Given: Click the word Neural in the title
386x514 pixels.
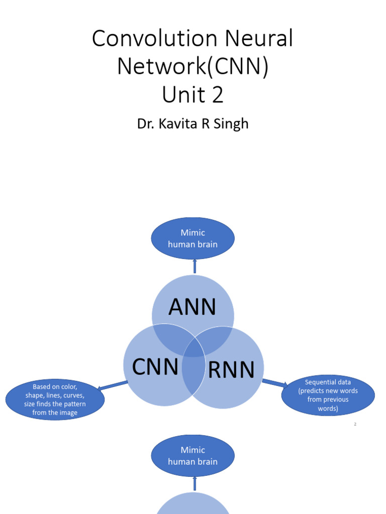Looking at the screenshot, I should coord(262,39).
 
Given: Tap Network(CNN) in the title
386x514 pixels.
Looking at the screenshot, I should coord(192,66).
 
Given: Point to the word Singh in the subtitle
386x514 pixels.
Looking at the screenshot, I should coord(232,123).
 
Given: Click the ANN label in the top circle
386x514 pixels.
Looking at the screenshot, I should coord(192,307).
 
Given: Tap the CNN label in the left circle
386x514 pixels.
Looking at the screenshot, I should coord(155,367).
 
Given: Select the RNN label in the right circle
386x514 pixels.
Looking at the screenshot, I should coord(231,370).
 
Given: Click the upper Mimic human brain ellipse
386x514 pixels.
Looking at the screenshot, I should coord(193,238).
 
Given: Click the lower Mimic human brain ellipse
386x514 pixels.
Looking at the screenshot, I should coord(193,456).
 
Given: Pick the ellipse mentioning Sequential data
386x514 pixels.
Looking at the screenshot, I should coord(328,396).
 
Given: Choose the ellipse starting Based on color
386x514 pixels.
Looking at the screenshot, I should coord(55,400).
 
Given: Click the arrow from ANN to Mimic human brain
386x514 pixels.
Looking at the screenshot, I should coord(195,267).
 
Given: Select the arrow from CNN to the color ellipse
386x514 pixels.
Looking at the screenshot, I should coord(113,385).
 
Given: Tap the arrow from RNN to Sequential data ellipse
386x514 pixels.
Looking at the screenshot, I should coord(274,382).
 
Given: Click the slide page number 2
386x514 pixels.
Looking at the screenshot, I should coord(355,425).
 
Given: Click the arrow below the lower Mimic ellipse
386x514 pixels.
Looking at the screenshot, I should coord(195,484).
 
